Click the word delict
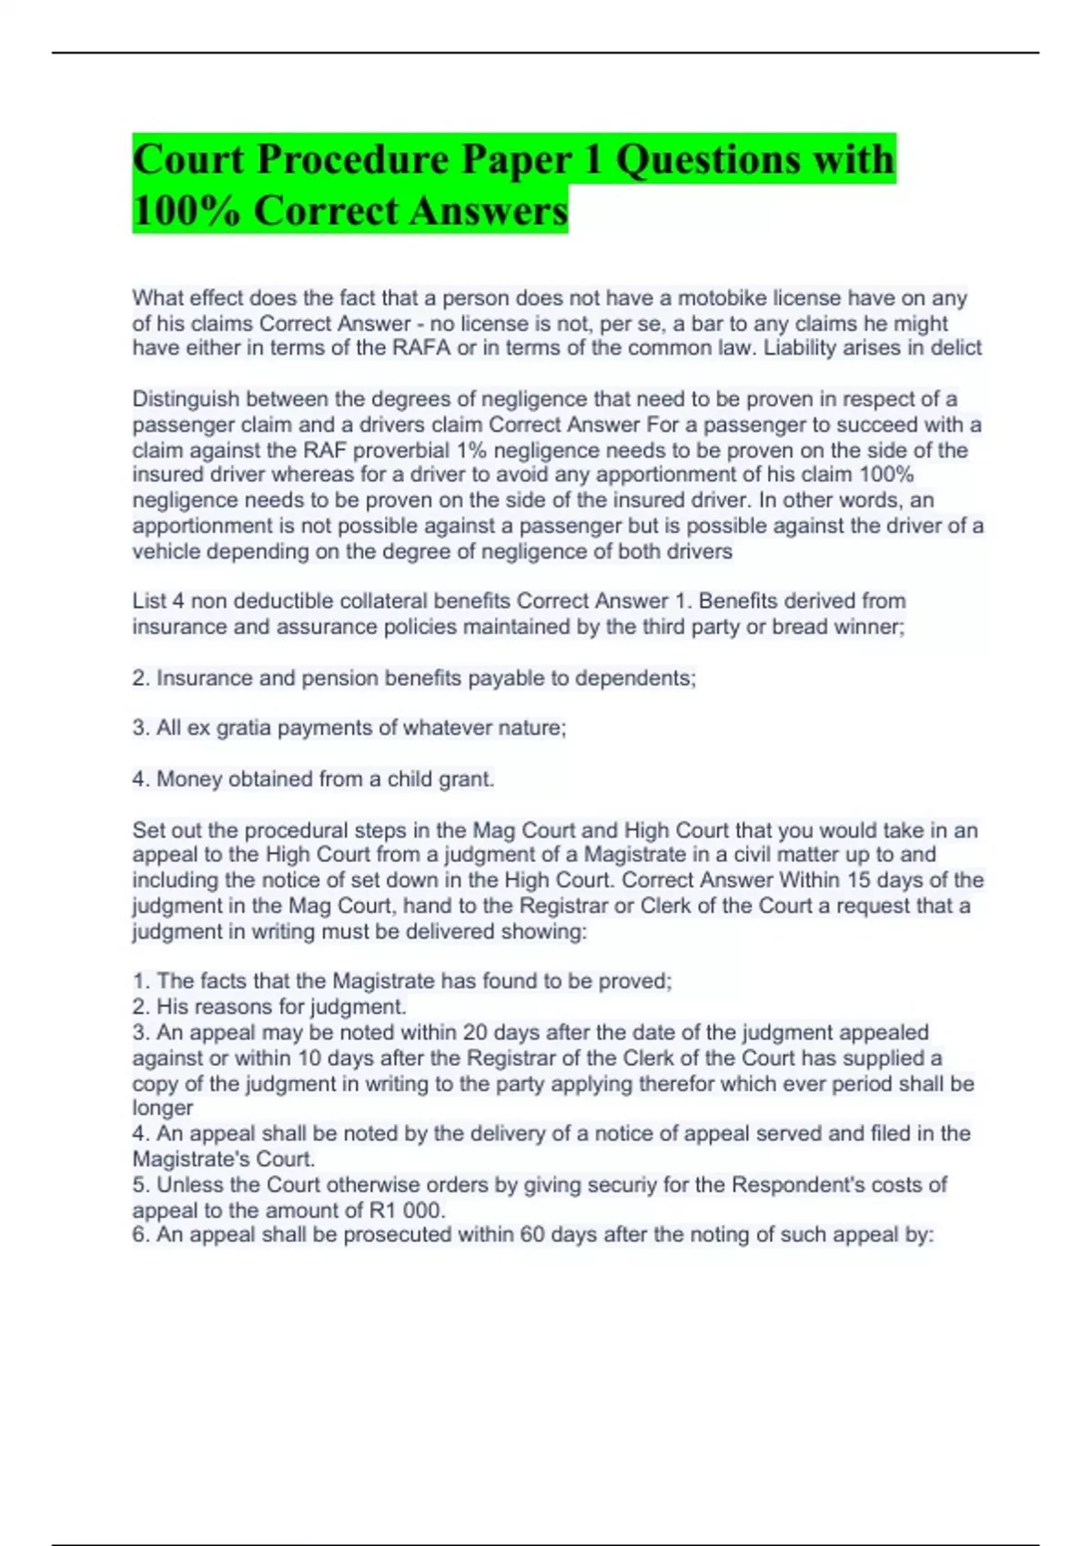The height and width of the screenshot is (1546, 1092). [955, 348]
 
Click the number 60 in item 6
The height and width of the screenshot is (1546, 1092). [532, 1235]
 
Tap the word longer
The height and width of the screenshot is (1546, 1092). [163, 1109]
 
